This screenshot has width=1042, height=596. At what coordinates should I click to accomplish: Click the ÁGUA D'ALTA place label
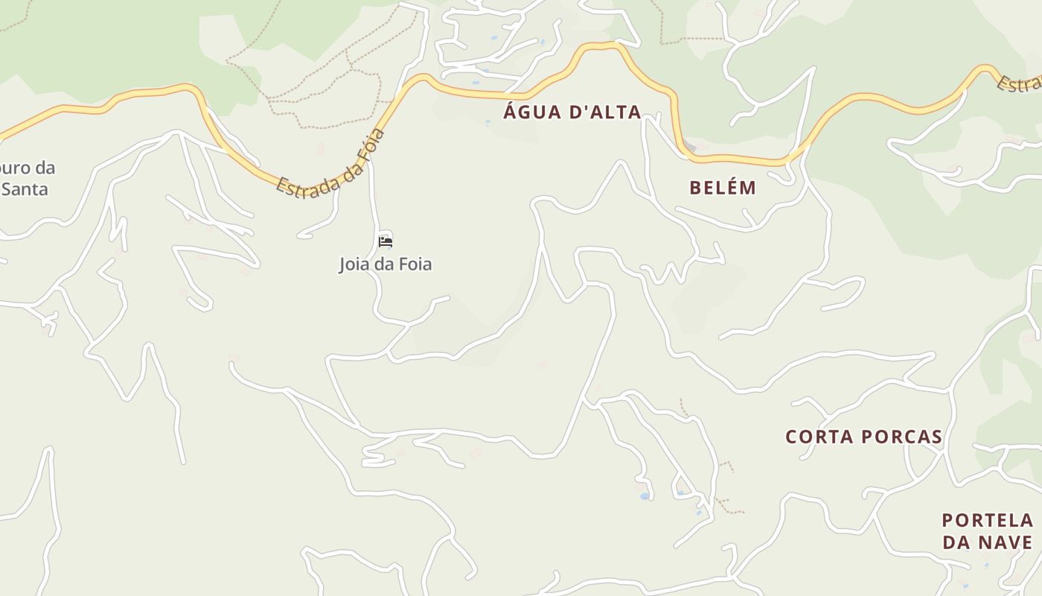point(572,112)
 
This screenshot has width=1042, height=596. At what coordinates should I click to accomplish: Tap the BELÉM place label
point(723,188)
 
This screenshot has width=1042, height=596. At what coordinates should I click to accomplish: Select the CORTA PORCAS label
point(864,437)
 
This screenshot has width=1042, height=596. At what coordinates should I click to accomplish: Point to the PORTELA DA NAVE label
point(987,531)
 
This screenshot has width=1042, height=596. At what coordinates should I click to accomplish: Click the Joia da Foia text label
point(386,264)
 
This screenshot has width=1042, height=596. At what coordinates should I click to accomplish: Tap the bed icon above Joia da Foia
point(386,241)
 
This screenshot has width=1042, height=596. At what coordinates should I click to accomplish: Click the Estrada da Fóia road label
point(330,162)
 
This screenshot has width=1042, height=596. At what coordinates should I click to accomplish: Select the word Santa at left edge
point(25,189)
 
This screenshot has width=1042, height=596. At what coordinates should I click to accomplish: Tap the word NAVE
point(1009,542)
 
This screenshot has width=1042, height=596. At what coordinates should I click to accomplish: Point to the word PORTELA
point(987,520)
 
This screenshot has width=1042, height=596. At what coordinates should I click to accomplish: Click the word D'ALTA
point(604,112)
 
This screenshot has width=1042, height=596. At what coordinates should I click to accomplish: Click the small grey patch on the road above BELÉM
point(690,148)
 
